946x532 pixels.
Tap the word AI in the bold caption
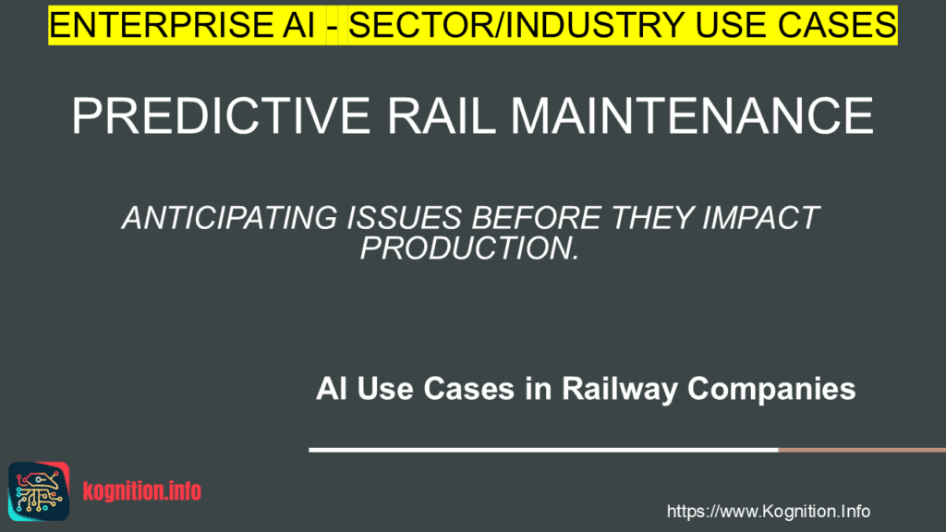(333, 389)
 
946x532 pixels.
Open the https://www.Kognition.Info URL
(768, 511)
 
